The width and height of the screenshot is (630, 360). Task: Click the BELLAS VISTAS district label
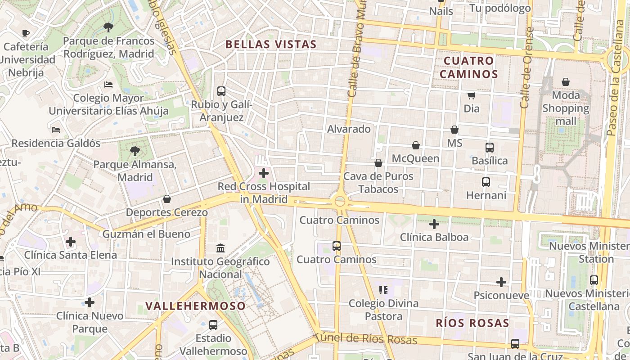(271, 44)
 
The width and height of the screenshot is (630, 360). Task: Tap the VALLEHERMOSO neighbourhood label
(196, 306)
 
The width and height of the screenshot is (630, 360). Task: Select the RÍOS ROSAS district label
(472, 323)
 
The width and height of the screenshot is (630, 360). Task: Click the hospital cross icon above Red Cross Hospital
(264, 173)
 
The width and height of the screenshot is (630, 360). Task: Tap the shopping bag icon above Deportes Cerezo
(167, 199)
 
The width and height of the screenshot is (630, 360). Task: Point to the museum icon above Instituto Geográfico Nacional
(220, 248)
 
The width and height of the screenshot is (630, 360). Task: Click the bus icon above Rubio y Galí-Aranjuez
(221, 91)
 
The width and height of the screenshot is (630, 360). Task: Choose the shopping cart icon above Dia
(471, 95)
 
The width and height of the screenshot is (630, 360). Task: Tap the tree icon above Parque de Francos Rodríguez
(108, 27)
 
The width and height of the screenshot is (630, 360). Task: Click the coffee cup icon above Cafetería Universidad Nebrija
(26, 33)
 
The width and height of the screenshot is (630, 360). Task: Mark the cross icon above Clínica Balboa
(434, 224)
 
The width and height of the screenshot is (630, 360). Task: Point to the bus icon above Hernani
(486, 182)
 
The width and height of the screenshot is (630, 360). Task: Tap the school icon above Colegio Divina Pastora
(383, 290)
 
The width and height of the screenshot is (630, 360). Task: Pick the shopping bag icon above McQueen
(416, 145)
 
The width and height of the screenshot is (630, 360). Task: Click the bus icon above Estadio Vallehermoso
(213, 324)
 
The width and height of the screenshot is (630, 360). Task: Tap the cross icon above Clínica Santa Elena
(71, 242)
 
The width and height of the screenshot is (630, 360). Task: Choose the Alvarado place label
(349, 129)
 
